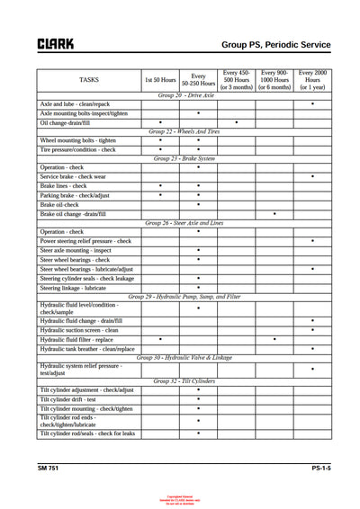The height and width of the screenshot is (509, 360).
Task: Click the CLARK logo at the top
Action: (x=55, y=43)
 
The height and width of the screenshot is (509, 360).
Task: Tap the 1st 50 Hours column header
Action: (x=160, y=80)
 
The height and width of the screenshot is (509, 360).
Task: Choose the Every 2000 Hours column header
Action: (x=312, y=80)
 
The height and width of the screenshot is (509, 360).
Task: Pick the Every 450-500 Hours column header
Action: (x=237, y=80)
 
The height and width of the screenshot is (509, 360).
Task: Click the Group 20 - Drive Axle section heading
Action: (x=185, y=94)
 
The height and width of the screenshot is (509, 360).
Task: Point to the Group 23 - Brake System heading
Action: (x=184, y=158)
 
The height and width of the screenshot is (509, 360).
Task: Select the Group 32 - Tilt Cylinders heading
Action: (x=184, y=381)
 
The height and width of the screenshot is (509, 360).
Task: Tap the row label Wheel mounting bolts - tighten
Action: (x=78, y=140)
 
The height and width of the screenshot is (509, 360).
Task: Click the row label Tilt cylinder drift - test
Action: (x=72, y=399)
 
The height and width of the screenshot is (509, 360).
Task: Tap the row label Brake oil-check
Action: (x=65, y=204)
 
